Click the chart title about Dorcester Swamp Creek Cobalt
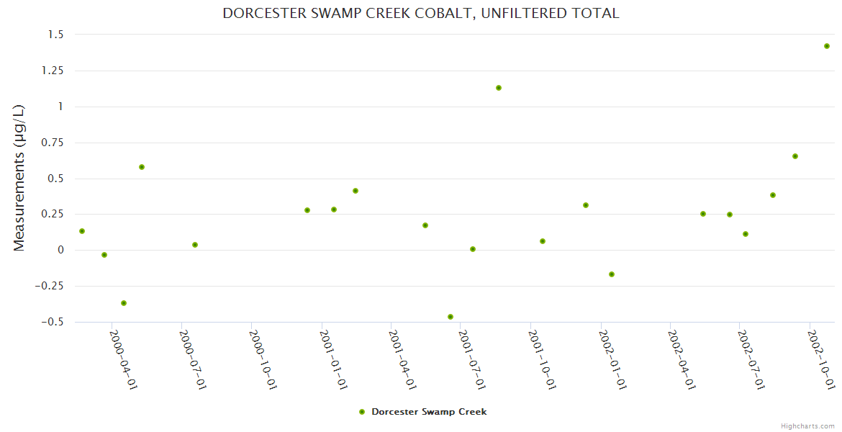[420, 13]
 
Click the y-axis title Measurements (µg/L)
[19, 178]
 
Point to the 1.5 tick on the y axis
[56, 35]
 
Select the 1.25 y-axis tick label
[52, 71]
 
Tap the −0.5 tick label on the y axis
[50, 322]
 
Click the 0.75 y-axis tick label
[52, 143]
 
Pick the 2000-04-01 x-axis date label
[123, 359]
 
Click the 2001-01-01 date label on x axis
[333, 359]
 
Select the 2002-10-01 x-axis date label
[821, 359]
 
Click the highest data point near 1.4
[827, 46]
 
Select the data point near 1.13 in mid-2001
[499, 88]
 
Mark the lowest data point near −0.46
[451, 317]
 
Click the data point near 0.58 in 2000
[142, 167]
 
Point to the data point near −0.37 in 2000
[124, 303]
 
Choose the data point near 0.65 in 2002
[795, 156]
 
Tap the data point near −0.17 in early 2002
[612, 274]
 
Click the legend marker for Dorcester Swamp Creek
[362, 412]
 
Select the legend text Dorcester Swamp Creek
[429, 412]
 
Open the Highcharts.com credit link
[807, 426]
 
